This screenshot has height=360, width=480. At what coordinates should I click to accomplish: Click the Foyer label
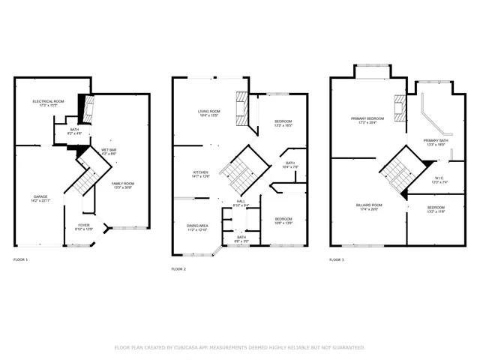point(84,226)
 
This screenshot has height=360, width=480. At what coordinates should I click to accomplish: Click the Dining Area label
point(197,226)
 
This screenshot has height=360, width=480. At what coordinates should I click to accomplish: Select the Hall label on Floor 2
point(241,202)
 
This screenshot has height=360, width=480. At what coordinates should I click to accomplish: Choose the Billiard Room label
point(369,206)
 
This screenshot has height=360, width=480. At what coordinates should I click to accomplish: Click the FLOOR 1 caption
point(21,259)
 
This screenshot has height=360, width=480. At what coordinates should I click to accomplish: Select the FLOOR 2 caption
point(178,268)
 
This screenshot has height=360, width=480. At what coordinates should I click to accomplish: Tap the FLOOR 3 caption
point(337,259)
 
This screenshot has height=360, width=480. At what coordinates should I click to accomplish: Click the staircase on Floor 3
point(394,171)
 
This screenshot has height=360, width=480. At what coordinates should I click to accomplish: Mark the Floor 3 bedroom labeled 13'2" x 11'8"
point(436,209)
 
